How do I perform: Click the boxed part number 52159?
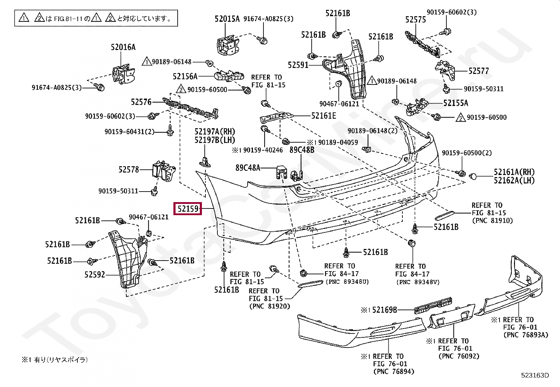click(x=188, y=208)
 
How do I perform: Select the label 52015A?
click(x=227, y=19)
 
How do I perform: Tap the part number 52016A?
click(x=123, y=47)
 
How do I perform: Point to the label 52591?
click(x=298, y=65)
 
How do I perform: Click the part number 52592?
click(x=95, y=275)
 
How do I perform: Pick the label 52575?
click(x=415, y=19)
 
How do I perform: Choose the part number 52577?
click(x=478, y=71)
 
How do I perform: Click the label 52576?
click(x=141, y=102)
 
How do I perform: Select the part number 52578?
click(x=128, y=170)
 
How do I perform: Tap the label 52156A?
click(x=185, y=76)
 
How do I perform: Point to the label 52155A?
click(x=456, y=103)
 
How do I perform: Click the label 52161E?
click(x=324, y=116)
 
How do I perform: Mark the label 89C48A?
click(x=248, y=168)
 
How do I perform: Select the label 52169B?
click(x=384, y=310)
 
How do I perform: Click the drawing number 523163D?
click(x=535, y=375)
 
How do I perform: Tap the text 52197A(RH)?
click(x=215, y=132)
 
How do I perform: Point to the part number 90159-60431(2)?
click(x=129, y=132)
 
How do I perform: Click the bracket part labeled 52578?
click(x=164, y=171)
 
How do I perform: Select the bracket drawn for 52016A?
click(x=123, y=73)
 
